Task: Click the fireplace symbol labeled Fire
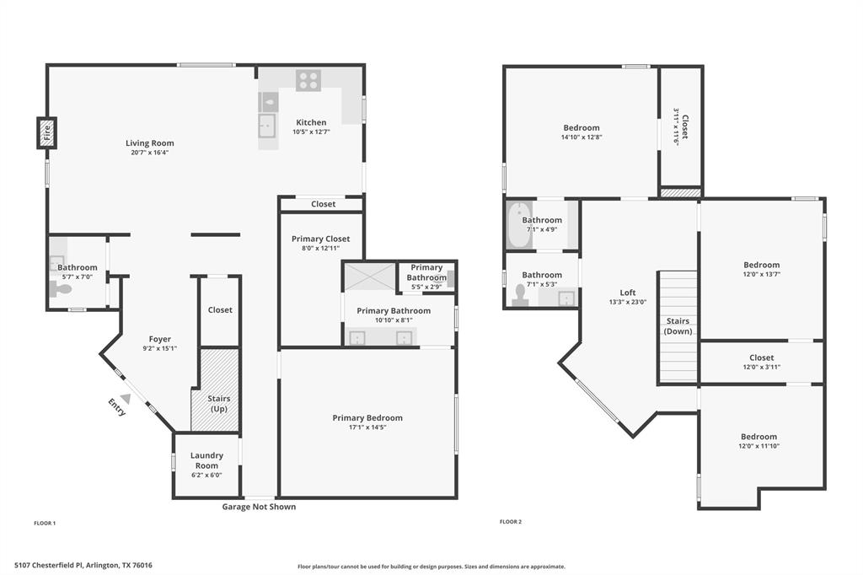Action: point(46,132)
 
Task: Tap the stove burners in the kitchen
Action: point(308,80)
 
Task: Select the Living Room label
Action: point(150,143)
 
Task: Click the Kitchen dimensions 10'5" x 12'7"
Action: point(311,132)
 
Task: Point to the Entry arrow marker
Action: point(126,398)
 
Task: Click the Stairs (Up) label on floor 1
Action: point(219,403)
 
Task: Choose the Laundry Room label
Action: point(206,460)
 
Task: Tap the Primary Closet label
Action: point(320,239)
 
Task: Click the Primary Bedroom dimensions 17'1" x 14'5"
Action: point(367,427)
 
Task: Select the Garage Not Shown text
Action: point(259,507)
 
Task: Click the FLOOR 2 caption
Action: point(511,522)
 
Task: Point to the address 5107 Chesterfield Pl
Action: point(83,566)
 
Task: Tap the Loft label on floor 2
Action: point(628,293)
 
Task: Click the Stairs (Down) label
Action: point(678,326)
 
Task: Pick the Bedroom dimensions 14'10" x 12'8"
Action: point(582,137)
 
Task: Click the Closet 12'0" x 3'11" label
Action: point(761,363)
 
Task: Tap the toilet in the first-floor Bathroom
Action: point(62,289)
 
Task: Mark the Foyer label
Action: point(160,339)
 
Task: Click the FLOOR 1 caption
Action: point(45,524)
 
